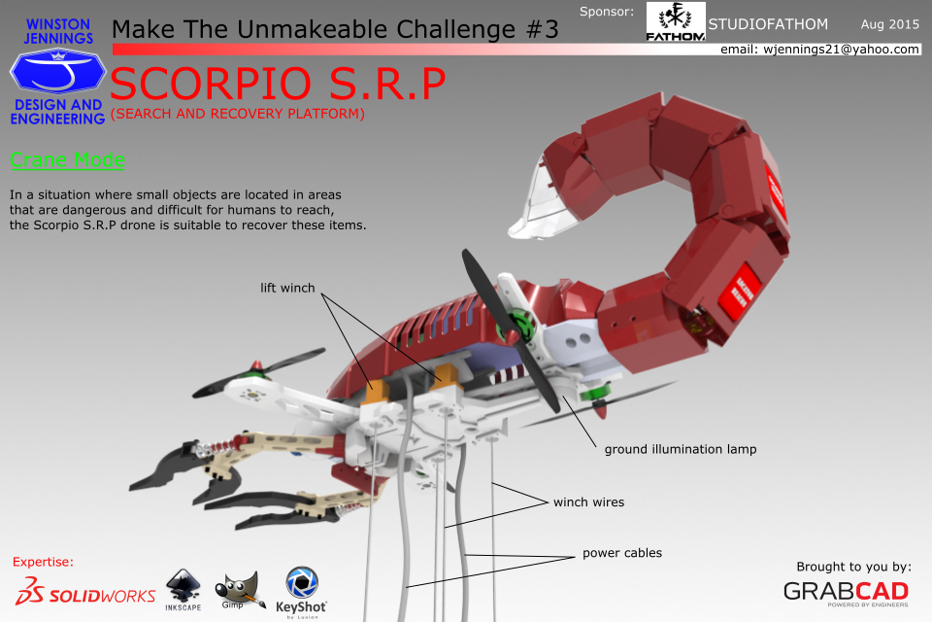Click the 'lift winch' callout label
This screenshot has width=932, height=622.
tap(287, 288)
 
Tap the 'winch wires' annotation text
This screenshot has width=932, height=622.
tap(588, 502)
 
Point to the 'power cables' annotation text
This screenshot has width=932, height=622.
tap(622, 553)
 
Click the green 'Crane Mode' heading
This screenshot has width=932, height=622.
tap(67, 160)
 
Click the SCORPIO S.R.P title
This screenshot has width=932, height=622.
tap(279, 86)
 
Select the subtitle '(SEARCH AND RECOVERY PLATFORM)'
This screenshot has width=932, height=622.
tap(238, 115)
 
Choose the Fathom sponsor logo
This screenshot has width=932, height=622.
tap(676, 22)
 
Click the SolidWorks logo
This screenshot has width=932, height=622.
tap(85, 594)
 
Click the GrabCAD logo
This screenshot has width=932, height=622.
tap(846, 591)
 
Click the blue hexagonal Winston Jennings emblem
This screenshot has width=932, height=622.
tap(57, 72)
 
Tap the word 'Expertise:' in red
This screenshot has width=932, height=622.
tap(43, 562)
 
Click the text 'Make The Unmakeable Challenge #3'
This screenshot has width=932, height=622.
tap(336, 29)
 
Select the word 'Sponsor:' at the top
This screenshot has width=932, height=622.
tap(606, 12)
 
